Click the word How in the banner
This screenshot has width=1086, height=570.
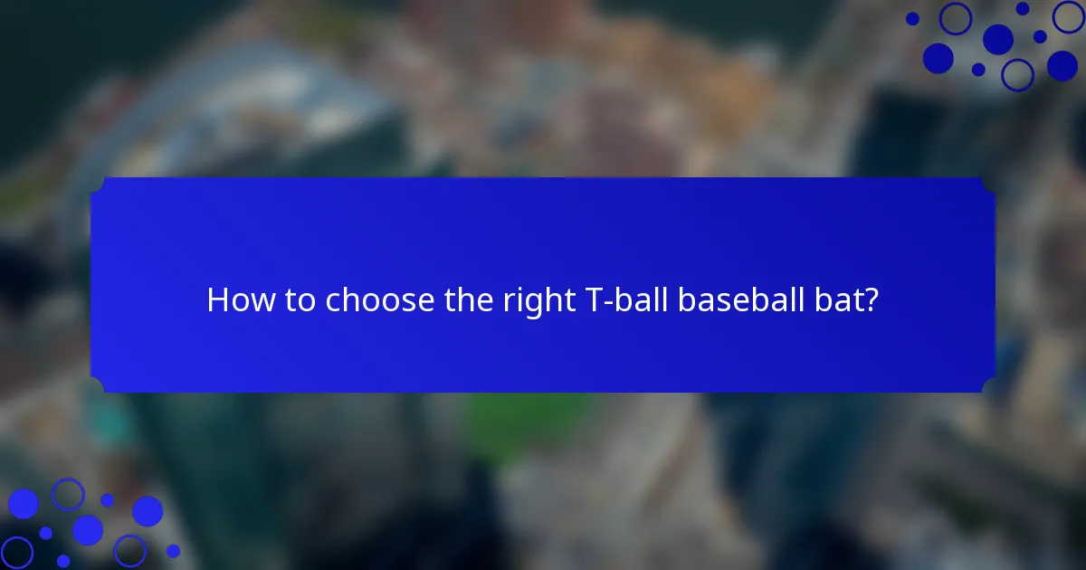[x=231, y=300]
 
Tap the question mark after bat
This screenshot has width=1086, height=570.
[x=871, y=300]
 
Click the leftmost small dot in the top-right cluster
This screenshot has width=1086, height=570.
[x=912, y=18]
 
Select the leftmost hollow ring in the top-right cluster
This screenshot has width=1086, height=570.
[x=955, y=18]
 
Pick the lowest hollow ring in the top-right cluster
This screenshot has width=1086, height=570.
[x=1017, y=74]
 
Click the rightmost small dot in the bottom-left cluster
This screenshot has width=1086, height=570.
[x=173, y=550]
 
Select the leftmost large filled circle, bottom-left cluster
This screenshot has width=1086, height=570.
[x=23, y=504]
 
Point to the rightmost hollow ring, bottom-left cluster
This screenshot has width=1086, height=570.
[x=129, y=550]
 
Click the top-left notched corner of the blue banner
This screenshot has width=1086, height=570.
[x=98, y=184]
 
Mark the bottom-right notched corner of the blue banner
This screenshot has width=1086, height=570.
[x=988, y=386]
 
